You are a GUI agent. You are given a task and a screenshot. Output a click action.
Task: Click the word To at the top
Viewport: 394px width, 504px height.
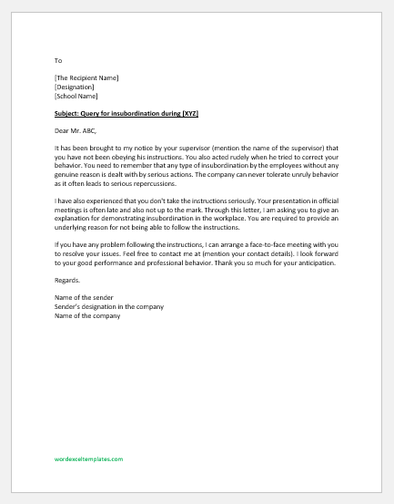[58, 60]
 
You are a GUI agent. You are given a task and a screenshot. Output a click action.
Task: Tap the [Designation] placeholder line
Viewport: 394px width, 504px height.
[74, 87]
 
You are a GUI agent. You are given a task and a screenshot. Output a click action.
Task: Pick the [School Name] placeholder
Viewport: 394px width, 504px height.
[76, 96]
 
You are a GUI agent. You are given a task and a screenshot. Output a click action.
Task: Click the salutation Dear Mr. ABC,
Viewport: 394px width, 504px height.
[77, 131]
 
